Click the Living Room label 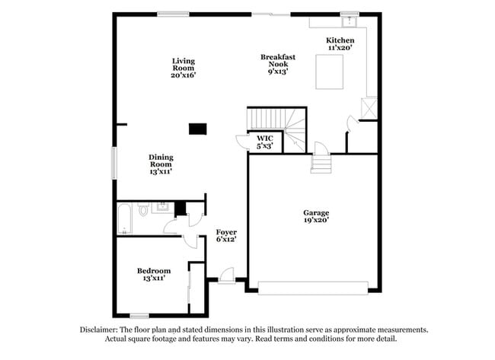click(x=184, y=68)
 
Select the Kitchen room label click(x=340, y=43)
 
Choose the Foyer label click(x=226, y=235)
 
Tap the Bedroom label click(x=154, y=275)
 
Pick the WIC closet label click(x=264, y=142)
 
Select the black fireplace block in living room click(x=198, y=129)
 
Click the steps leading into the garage click(x=321, y=163)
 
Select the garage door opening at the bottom click(x=313, y=288)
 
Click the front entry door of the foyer click(x=226, y=277)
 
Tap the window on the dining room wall click(x=115, y=163)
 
